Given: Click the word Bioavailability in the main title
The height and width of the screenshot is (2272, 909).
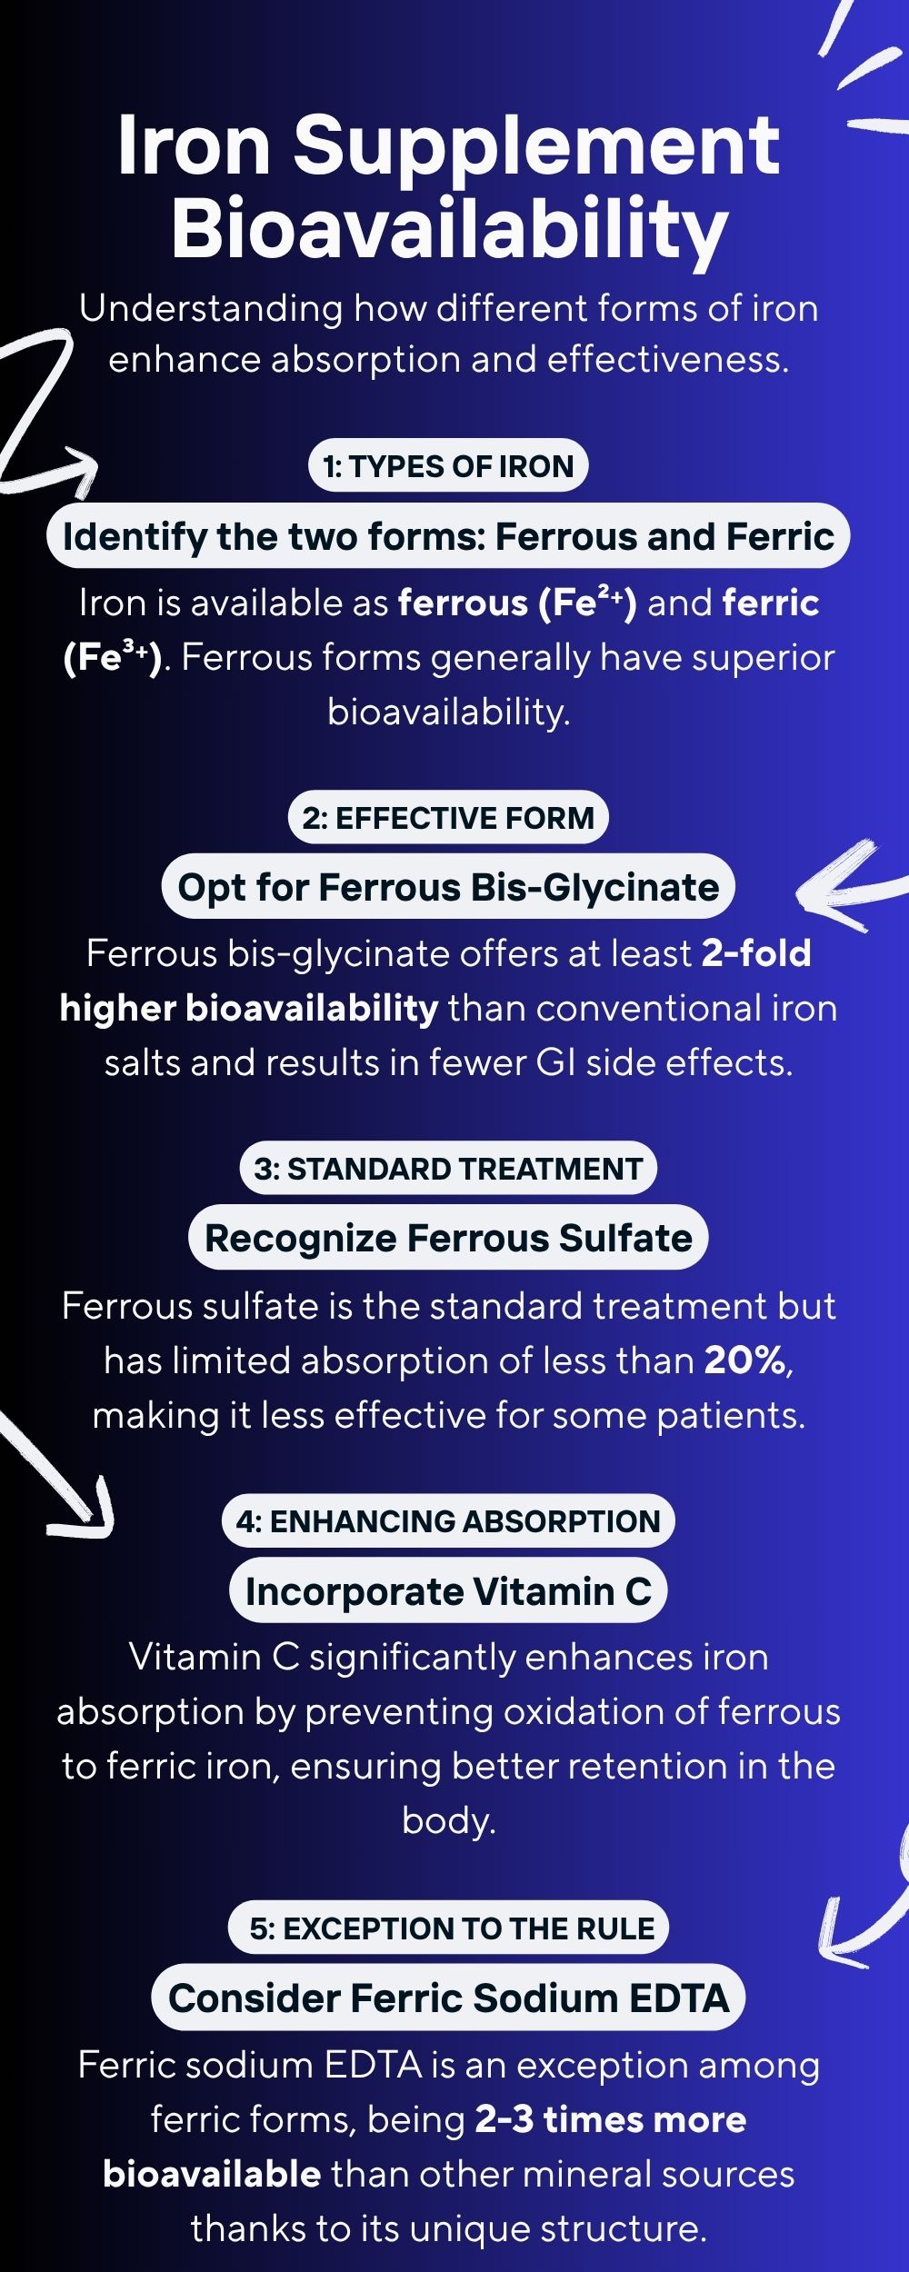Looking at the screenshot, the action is (450, 229).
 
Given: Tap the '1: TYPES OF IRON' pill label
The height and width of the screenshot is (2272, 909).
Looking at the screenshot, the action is (449, 466).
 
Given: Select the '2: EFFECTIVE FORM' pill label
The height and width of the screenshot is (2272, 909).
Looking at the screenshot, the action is (449, 818).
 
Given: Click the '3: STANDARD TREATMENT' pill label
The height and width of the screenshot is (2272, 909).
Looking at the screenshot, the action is (449, 1169).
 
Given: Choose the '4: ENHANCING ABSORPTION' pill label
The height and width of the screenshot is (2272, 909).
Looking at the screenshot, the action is (449, 1521).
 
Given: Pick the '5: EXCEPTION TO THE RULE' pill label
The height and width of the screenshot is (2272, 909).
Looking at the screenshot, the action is (452, 1928).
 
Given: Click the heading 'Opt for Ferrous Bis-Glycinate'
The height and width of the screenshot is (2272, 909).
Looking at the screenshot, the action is (449, 887).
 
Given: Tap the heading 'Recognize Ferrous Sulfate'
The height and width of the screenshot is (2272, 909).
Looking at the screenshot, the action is (449, 1238).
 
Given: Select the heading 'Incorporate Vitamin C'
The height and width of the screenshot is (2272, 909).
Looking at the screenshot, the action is (449, 1590).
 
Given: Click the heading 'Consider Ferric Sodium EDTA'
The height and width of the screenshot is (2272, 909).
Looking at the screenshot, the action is (449, 1998).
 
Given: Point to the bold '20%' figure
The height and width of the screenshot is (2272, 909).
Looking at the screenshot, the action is (746, 1360).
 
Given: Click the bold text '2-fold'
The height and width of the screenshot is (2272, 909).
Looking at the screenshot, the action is (756, 953).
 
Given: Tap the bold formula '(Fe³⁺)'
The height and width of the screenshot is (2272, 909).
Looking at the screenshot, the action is (113, 658).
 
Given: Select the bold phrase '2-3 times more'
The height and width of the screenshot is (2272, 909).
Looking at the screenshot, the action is (611, 2119).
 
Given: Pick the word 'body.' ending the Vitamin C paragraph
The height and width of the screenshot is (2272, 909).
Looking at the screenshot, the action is (449, 1820).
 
